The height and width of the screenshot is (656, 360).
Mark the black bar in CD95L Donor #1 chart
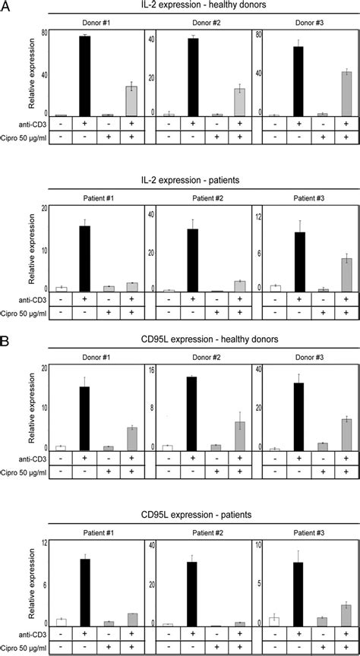click(x=84, y=418)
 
